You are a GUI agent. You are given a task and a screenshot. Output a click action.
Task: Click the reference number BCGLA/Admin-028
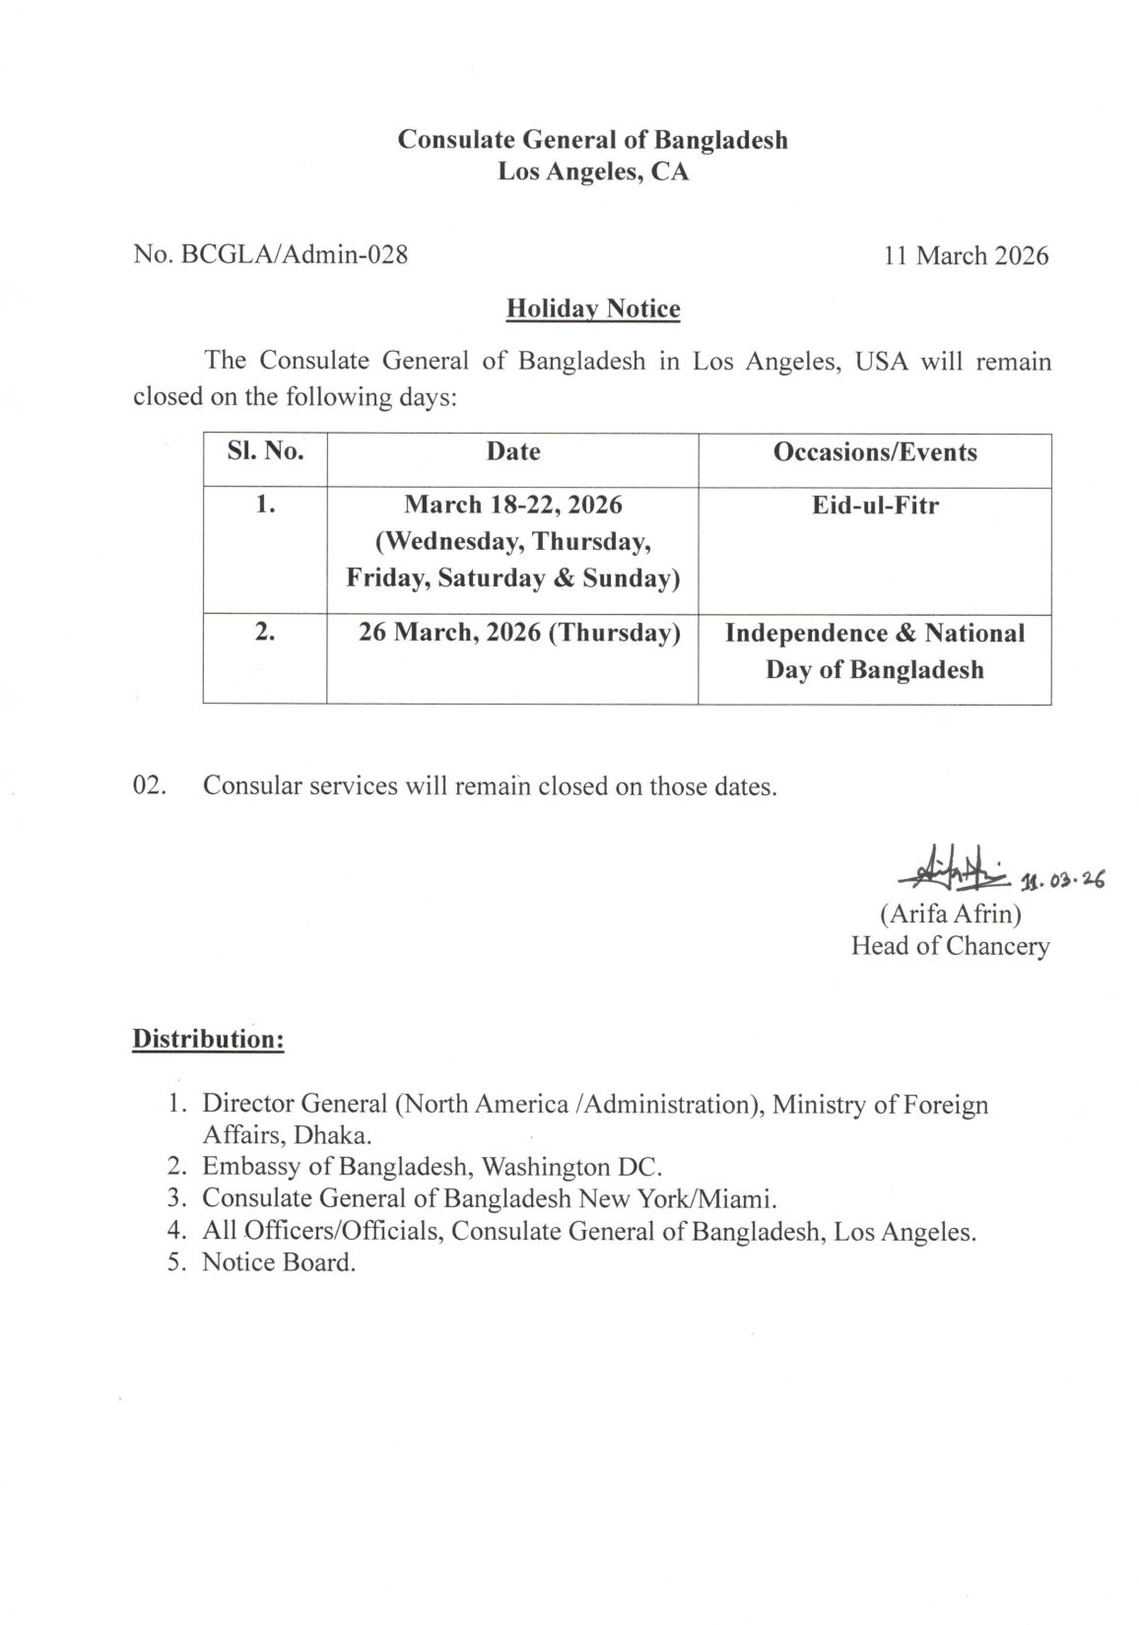coord(270,255)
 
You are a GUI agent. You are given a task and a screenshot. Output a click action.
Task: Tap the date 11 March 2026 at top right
coord(966,255)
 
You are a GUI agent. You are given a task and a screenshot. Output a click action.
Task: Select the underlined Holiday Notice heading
coord(593,309)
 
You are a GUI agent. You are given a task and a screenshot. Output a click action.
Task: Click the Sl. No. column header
coord(264,452)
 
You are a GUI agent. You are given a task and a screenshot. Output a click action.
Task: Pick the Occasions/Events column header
coord(875,452)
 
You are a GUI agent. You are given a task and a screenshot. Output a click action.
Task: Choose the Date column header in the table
coord(513,452)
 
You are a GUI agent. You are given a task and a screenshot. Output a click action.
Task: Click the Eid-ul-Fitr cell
coord(875,507)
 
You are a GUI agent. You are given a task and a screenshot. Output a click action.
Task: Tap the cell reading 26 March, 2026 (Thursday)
coord(519,633)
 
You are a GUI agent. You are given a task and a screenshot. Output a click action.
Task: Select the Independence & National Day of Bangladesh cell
coord(875,651)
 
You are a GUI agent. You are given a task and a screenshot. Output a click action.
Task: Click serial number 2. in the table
coord(264,633)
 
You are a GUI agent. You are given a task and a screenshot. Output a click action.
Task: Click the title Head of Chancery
coord(951,946)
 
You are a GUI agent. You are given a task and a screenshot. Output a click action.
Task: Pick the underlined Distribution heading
coord(209,1039)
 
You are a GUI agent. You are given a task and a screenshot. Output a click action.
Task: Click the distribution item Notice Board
coord(278,1262)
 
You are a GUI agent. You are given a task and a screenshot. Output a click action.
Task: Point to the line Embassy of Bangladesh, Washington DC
coord(433,1167)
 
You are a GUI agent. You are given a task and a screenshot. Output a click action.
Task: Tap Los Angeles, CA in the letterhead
coord(593,172)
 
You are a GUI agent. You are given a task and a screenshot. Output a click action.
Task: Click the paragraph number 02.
coord(150,786)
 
